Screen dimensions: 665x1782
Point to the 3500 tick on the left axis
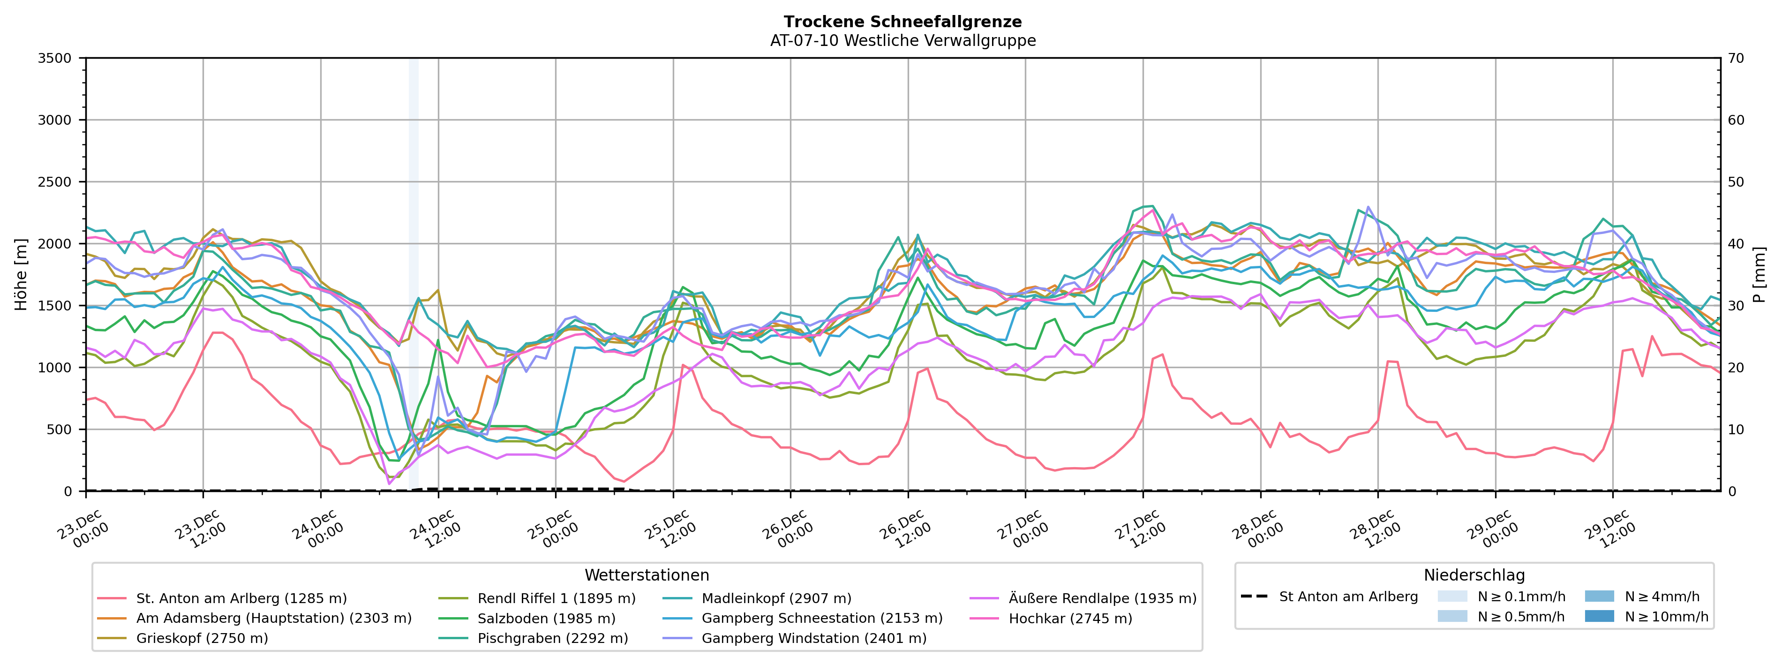[x=55, y=58]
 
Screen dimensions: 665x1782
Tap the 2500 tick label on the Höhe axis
[x=55, y=182]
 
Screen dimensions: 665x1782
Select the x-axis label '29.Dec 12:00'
[x=1609, y=529]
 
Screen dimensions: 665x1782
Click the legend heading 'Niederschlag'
[x=1474, y=575]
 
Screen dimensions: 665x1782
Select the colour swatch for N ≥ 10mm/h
[x=1599, y=616]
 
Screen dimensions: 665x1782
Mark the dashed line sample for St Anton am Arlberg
[x=1254, y=597]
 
